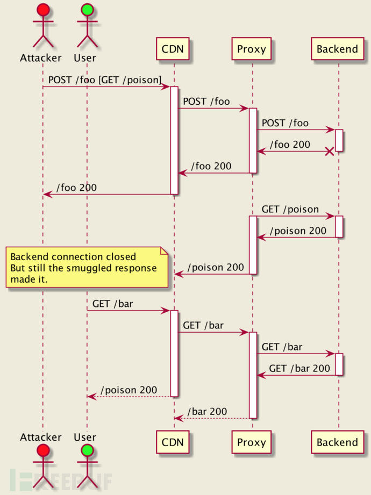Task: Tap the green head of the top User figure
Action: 87,9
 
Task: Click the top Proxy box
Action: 252,49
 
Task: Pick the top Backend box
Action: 337,49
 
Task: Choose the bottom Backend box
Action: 337,442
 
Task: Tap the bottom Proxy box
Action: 252,442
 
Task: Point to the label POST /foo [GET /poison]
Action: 105,80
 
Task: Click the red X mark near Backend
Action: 330,152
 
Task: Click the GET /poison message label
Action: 290,209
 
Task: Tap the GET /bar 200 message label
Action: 299,368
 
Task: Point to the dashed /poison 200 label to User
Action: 129,390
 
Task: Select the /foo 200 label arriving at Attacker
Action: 76,188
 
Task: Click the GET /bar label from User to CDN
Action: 112,304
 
